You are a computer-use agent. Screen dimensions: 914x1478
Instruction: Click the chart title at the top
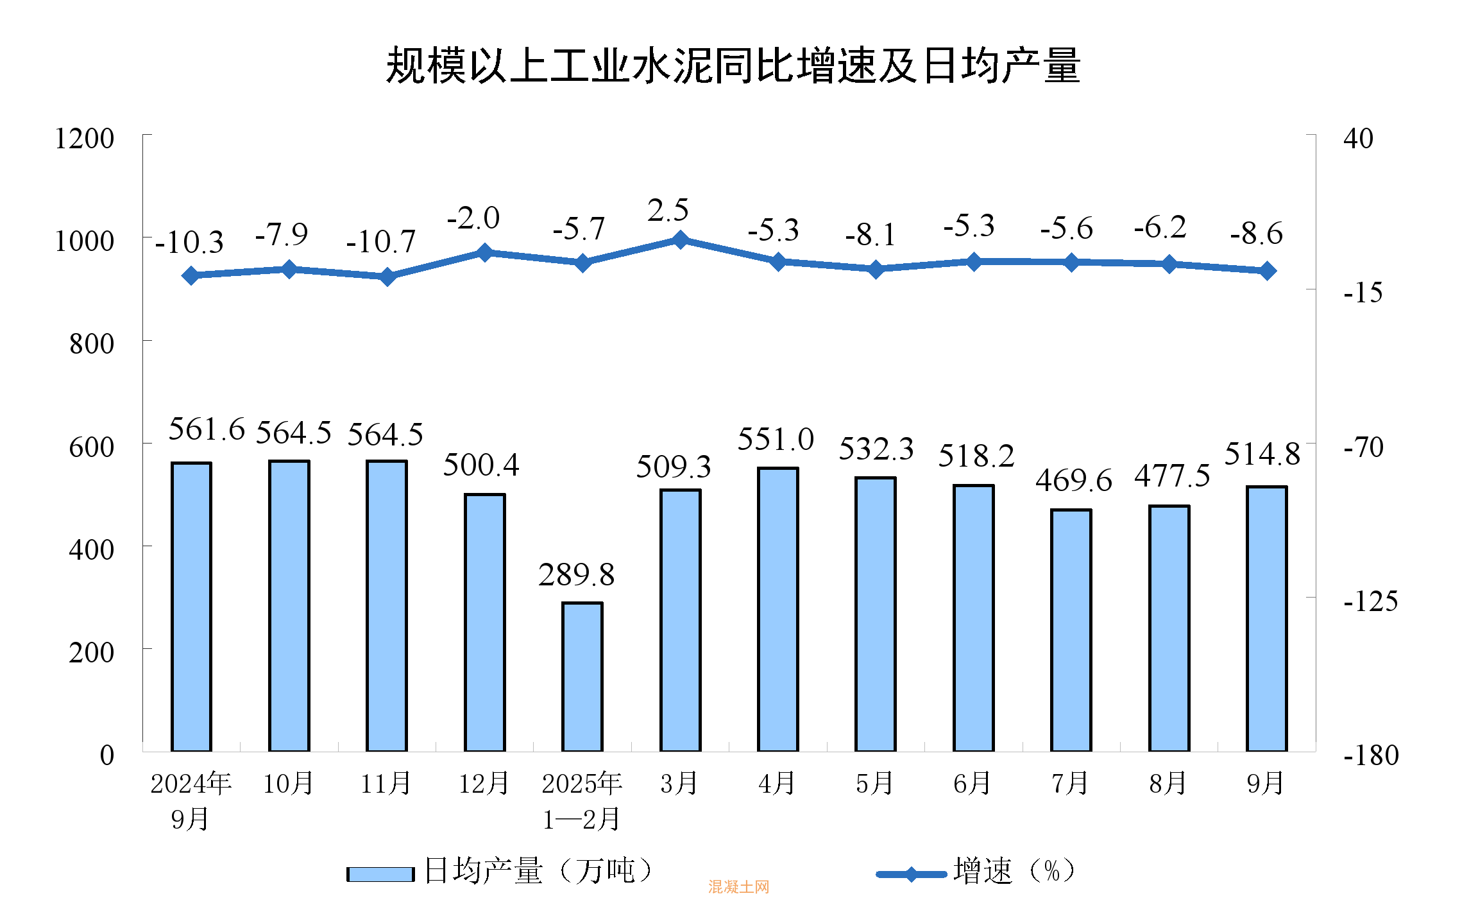point(733,65)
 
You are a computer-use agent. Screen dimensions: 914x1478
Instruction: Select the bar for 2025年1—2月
point(582,677)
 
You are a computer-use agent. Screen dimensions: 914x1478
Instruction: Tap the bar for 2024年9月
point(191,607)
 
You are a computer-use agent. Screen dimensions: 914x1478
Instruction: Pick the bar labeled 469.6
point(1071,630)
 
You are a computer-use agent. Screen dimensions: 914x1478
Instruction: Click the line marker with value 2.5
point(681,240)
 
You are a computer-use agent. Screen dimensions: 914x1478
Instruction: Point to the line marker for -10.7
point(387,277)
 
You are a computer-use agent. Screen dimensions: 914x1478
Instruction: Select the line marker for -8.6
point(1267,271)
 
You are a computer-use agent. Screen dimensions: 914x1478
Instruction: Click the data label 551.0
point(776,440)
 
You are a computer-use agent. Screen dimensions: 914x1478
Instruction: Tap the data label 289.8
point(576,575)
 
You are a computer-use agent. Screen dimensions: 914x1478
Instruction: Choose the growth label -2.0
point(473,218)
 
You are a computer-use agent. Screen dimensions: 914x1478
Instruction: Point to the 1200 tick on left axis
point(84,139)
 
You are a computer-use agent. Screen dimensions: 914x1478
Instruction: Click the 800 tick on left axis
point(92,344)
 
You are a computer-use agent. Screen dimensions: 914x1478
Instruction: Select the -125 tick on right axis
point(1371,601)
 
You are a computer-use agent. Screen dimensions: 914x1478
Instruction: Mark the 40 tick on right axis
point(1358,139)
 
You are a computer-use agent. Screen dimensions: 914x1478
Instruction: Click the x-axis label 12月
point(484,784)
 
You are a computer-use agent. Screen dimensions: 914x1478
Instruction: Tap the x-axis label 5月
point(875,784)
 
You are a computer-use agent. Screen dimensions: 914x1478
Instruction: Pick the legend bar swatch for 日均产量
point(380,874)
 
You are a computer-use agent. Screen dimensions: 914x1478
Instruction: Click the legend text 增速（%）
point(1014,872)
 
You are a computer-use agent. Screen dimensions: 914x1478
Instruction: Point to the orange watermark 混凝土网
point(738,887)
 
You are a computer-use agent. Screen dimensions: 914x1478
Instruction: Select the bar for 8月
point(1169,628)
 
